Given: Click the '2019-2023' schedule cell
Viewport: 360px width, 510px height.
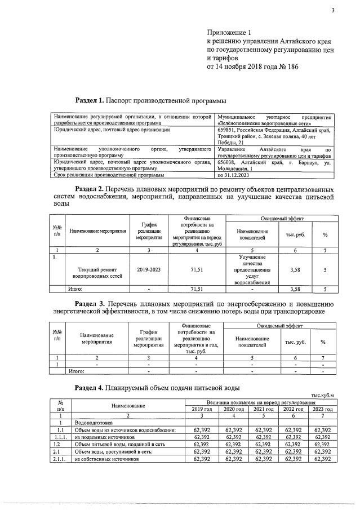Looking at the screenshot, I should [x=149, y=270].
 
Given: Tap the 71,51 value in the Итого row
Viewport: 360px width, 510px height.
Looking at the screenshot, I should [x=197, y=289].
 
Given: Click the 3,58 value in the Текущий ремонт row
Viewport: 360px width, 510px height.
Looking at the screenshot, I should [x=294, y=270].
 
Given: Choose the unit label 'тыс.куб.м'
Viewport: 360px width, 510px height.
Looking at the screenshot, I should [x=322, y=394].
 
